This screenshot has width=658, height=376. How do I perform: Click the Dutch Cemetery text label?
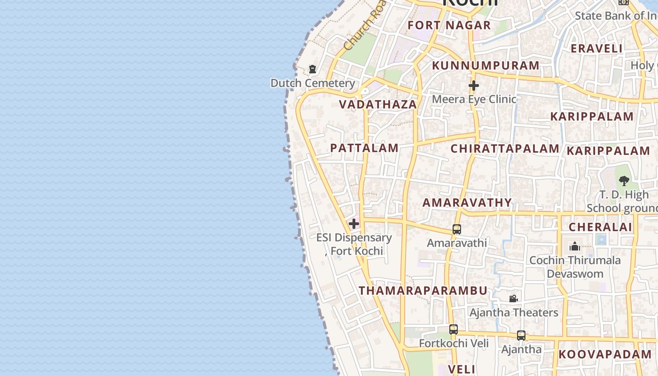pyautogui.click(x=313, y=83)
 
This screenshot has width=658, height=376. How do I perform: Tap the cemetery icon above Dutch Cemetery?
pyautogui.click(x=313, y=70)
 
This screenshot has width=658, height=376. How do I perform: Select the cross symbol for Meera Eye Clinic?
pyautogui.click(x=474, y=86)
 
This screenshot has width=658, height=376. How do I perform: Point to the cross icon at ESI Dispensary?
pyautogui.click(x=354, y=224)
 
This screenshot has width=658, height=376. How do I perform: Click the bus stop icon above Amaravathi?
pyautogui.click(x=457, y=229)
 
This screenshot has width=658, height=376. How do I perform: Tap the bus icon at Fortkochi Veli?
pyautogui.click(x=454, y=329)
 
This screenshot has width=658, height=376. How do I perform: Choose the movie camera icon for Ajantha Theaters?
pyautogui.click(x=514, y=298)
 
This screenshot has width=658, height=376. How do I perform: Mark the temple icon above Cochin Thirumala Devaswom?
pyautogui.click(x=574, y=246)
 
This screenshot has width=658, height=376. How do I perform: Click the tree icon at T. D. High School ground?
pyautogui.click(x=624, y=180)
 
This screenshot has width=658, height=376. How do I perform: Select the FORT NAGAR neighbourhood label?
pyautogui.click(x=449, y=25)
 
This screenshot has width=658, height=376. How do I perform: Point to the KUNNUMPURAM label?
pyautogui.click(x=486, y=66)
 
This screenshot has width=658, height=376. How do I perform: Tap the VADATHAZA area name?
pyautogui.click(x=378, y=104)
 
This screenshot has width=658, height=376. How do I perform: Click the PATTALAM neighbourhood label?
pyautogui.click(x=364, y=148)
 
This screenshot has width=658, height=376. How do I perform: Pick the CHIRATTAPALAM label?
pyautogui.click(x=505, y=149)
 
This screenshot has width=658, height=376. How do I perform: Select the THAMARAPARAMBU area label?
pyautogui.click(x=423, y=290)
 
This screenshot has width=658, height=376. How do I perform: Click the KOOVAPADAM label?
pyautogui.click(x=605, y=354)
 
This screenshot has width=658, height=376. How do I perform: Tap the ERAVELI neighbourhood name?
pyautogui.click(x=596, y=48)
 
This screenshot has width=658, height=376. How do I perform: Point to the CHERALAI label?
pyautogui.click(x=600, y=227)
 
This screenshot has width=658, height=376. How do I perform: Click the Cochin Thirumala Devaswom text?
pyautogui.click(x=575, y=267)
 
